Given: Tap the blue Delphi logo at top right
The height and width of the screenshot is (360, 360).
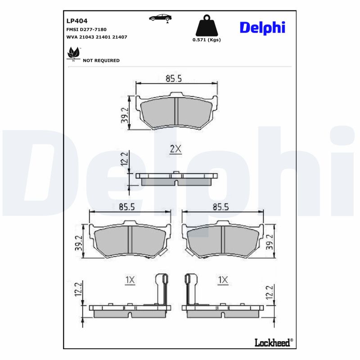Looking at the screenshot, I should click(262, 27).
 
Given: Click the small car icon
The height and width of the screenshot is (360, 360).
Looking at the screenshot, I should click(160, 18).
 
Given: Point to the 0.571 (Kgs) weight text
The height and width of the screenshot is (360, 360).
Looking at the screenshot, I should click(207, 40).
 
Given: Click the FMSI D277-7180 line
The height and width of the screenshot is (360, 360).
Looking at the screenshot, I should click(86, 29).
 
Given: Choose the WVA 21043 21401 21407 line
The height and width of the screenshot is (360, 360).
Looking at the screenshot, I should click(96, 37).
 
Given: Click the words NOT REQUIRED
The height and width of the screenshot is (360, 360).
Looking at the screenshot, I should click(101, 60).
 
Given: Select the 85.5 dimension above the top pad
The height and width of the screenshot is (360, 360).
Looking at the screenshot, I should click(173, 79).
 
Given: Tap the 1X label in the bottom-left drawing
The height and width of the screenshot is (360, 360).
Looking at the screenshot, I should click(130, 280).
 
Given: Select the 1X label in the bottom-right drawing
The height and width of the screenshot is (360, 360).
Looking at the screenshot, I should click(223, 280).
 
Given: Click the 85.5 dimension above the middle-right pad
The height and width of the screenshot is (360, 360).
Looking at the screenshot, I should click(220, 207).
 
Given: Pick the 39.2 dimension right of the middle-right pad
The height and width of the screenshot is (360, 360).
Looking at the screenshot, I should click(270, 242).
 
